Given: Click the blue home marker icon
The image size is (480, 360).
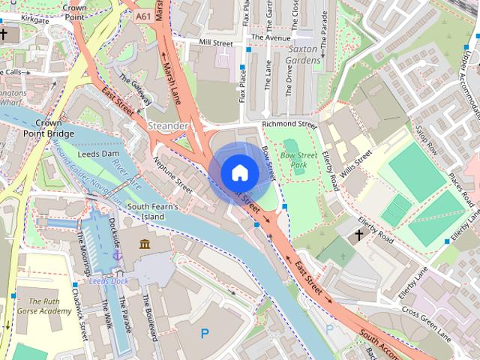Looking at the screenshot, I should pos(239,172).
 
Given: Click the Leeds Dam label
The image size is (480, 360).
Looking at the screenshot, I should pos(99,153).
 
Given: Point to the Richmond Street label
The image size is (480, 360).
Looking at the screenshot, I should pos(289,124).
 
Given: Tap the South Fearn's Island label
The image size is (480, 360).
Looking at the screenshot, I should pos(152,211).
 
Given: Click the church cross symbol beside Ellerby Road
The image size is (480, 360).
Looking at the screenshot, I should pos(358,235).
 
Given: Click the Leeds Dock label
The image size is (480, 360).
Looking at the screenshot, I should pos(110,280).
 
